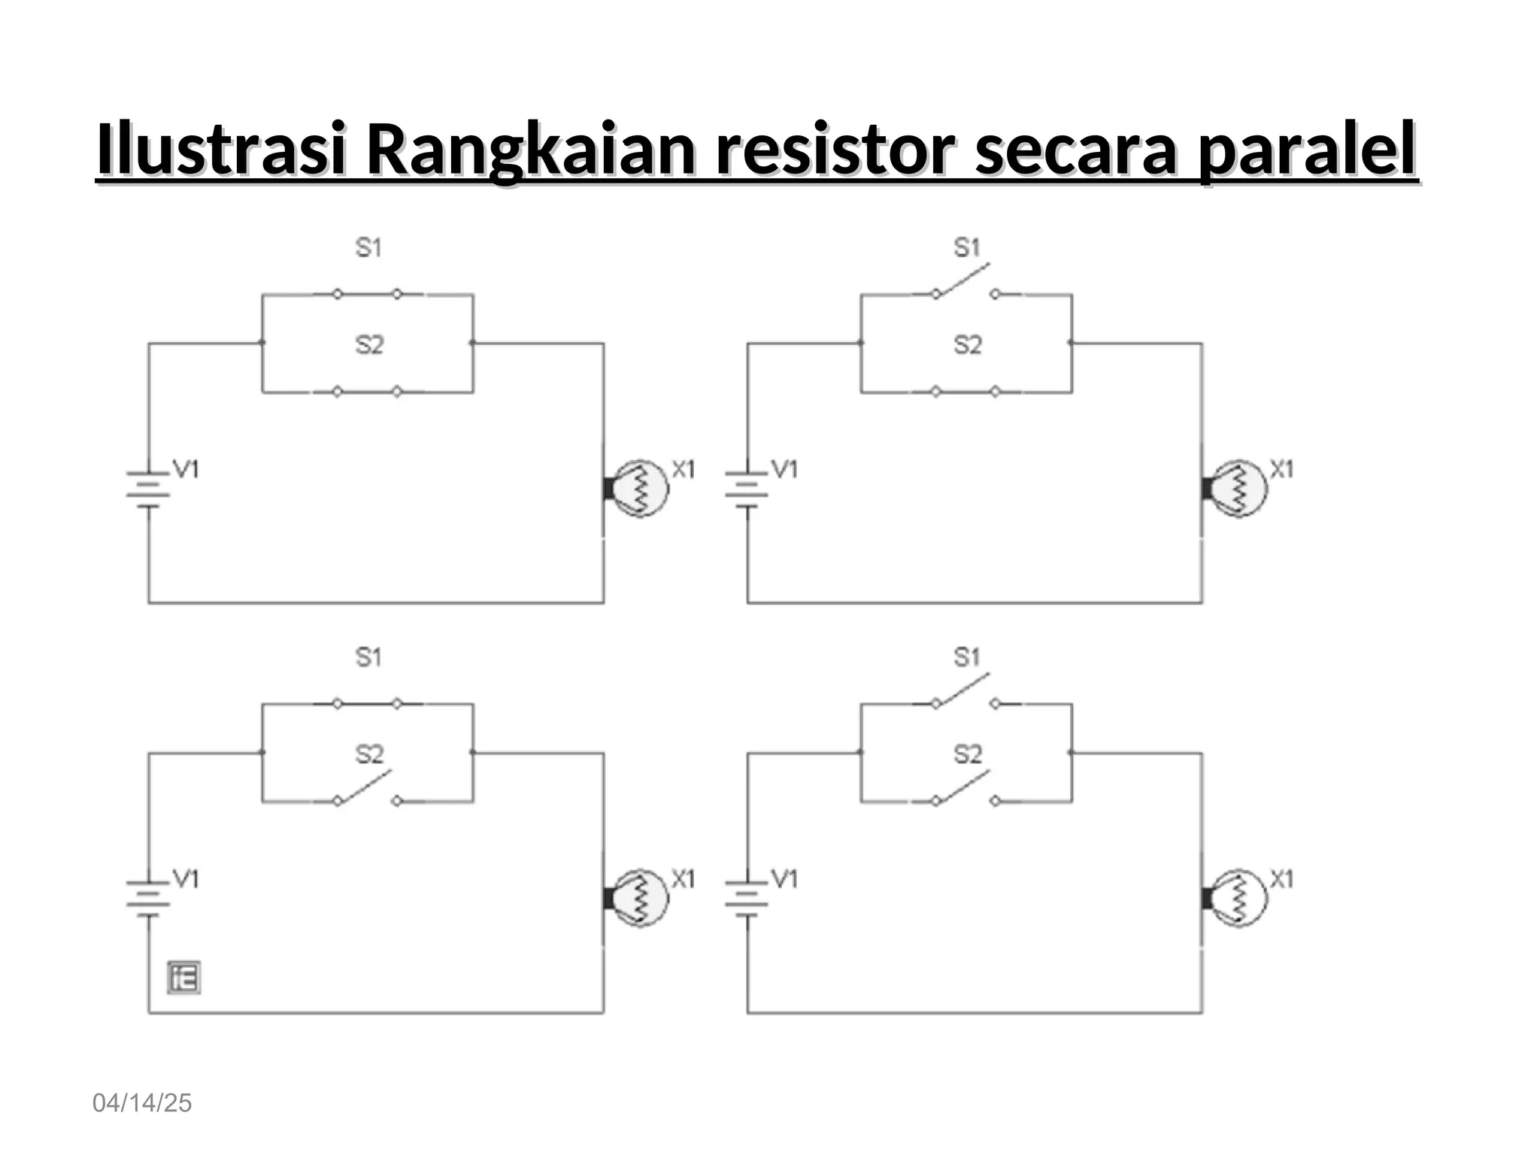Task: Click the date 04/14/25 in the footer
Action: coord(142,1103)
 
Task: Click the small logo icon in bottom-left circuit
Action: coord(184,978)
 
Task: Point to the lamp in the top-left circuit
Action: coord(638,488)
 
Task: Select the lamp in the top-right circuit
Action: coord(1237,488)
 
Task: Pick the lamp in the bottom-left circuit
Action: coord(638,898)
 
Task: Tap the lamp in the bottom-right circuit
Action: coord(1237,898)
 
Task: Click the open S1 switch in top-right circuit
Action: coord(966,284)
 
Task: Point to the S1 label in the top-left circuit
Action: coord(368,247)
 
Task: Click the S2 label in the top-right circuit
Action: coord(968,345)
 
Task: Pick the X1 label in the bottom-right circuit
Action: coord(1282,878)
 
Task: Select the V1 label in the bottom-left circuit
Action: coord(186,878)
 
